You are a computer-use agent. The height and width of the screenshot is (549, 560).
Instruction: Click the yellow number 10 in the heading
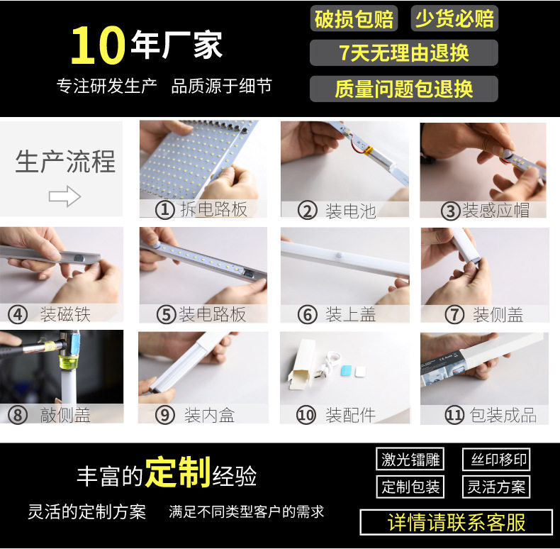pos(98,45)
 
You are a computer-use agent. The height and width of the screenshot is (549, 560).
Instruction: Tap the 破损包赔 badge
pos(354,18)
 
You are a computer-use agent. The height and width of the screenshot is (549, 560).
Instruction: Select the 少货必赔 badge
pos(454,18)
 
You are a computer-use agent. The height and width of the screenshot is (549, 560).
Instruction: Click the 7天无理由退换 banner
pos(404,53)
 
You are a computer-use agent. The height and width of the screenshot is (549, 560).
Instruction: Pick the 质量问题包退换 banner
pos(404,89)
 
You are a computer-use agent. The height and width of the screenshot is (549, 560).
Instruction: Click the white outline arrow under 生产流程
pos(65,196)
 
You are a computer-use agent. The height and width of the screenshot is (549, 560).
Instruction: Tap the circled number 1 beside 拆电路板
pos(164,210)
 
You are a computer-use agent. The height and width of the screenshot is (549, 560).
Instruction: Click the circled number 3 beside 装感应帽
pos(450,211)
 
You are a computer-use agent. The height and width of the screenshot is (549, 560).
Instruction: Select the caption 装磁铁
pos(65,314)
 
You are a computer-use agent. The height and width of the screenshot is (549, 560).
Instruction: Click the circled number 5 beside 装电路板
pos(166,315)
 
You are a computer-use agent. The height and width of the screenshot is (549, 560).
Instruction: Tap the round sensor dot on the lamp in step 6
pos(340,256)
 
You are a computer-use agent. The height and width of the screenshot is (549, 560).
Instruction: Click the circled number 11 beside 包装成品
pos(454,415)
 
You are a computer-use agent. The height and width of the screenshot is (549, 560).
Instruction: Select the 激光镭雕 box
pos(410,459)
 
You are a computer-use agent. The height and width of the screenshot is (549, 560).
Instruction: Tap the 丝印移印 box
pos(496,459)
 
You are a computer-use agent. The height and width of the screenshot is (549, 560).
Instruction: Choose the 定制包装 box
pos(410,487)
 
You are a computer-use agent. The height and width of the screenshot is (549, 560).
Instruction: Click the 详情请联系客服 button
pos(456,522)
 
